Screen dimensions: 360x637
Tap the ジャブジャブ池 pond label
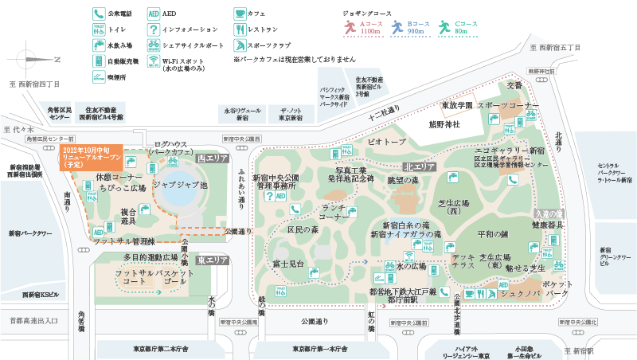(x=180, y=184)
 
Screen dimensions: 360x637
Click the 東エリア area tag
(x=213, y=260)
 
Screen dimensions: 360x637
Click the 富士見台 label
(x=289, y=263)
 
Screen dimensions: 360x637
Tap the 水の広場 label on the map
(x=411, y=265)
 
